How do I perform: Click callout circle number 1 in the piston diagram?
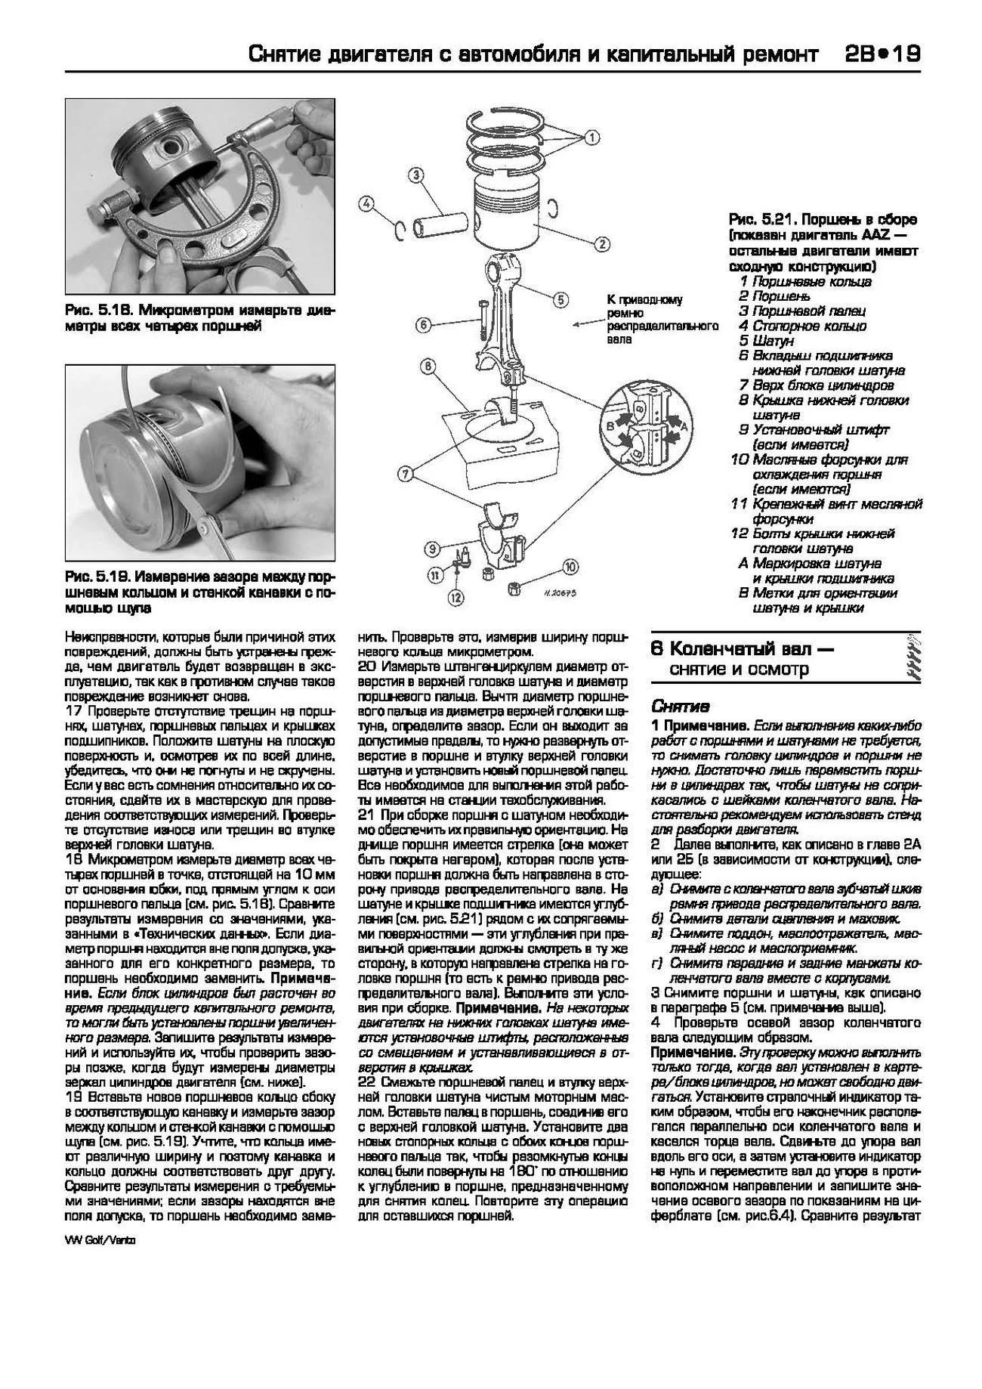coord(591,138)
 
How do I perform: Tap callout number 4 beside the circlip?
coord(367,203)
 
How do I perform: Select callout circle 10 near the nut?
coord(570,565)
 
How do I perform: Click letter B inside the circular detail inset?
coord(609,427)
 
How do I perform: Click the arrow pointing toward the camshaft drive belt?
coord(586,323)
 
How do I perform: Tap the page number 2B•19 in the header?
coord(880,54)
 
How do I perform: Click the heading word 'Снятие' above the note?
coord(680,707)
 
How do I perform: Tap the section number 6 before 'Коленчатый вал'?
coord(656,649)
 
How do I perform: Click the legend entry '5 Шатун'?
coord(766,341)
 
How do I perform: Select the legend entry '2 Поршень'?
coord(774,296)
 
